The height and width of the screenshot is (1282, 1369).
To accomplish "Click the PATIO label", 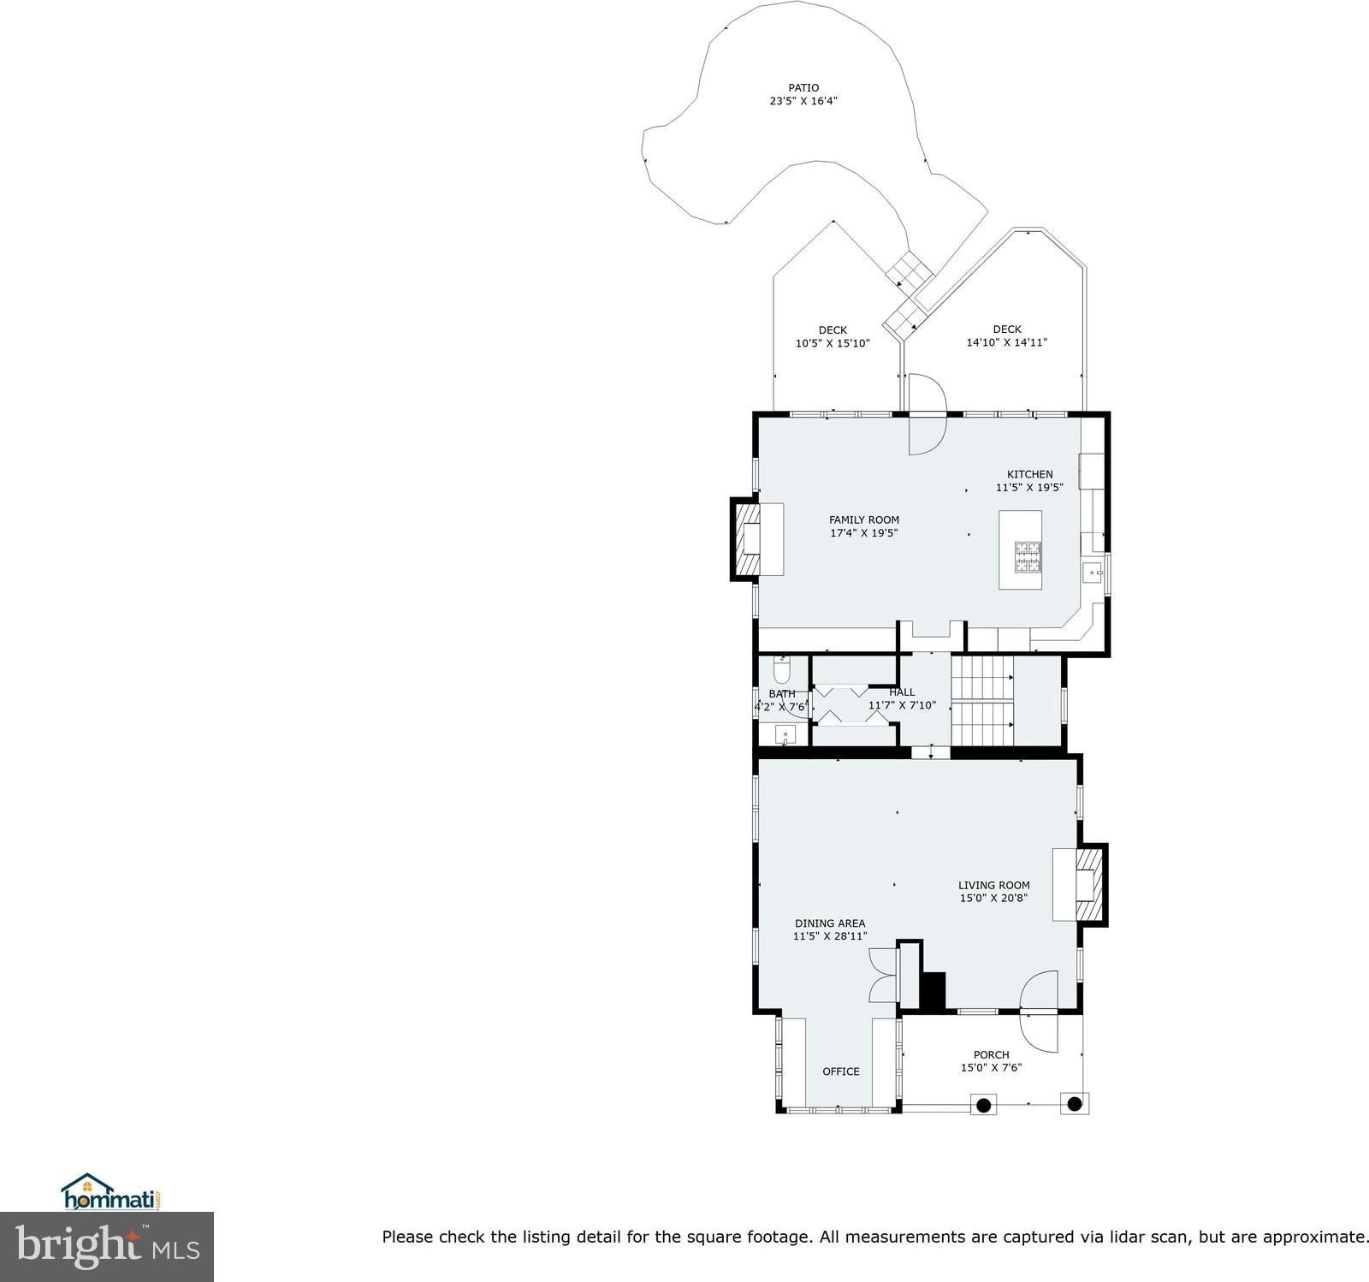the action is (x=803, y=87).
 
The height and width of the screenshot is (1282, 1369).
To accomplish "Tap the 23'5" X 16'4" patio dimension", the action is (x=803, y=101).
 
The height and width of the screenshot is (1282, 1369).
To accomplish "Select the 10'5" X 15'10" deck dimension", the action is (x=833, y=343).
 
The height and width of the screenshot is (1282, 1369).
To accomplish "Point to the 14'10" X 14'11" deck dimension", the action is (x=1007, y=342).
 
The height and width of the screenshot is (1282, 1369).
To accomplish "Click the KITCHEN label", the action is (x=1029, y=474).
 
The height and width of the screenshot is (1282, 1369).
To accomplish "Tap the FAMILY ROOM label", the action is (x=864, y=519).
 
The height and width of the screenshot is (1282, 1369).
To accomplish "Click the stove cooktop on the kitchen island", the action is (x=1028, y=556).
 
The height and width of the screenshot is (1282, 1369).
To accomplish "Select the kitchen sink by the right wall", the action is (x=1093, y=572).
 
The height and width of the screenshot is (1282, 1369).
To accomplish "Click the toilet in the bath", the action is (x=782, y=668).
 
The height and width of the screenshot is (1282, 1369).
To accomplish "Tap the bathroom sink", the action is (x=785, y=734).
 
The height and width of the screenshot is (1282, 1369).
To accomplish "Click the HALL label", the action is (x=902, y=692).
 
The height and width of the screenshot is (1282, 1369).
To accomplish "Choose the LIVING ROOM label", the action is (x=993, y=885).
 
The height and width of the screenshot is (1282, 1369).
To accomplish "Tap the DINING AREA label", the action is (x=830, y=923).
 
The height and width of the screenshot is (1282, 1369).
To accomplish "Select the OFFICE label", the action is (x=841, y=1071).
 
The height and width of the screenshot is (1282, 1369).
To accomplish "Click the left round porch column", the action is (x=984, y=1104).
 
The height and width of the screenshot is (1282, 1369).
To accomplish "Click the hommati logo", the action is (x=111, y=1191).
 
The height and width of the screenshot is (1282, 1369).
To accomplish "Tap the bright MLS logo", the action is (x=107, y=1247).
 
